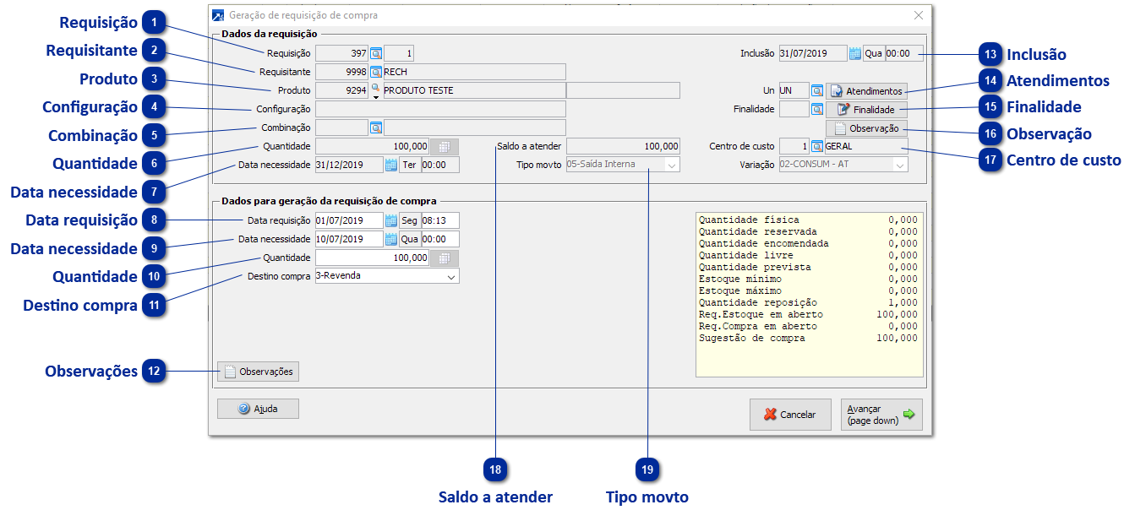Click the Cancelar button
pos(789,415)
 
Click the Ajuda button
pos(258,409)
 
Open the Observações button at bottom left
pos(258,372)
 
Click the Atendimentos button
pos(866,90)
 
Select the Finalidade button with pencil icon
pos(866,110)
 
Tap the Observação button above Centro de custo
pos(866,128)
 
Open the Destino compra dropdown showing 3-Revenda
pos(386,275)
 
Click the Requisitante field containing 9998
pos(341,72)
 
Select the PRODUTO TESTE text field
pos(473,90)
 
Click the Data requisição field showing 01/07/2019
pos(348,220)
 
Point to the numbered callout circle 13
pos(990,54)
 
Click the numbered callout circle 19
pos(648,469)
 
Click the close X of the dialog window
pos(919,15)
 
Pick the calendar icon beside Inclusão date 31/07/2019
pos(854,53)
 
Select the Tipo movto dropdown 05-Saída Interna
pos(622,165)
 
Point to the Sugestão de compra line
pos(807,339)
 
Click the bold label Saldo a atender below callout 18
pos(495,497)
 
